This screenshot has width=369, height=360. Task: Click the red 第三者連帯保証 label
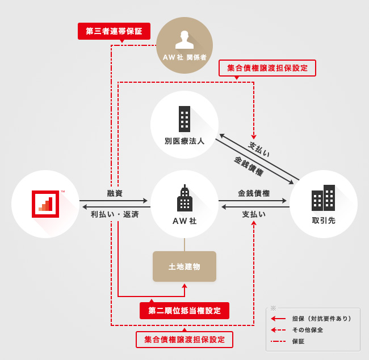click(114, 31)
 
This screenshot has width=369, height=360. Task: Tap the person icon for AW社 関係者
click(184, 40)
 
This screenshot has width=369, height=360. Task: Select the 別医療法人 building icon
click(184, 119)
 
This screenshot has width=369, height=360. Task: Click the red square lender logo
click(45, 204)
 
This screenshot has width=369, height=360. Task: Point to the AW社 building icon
click(184, 198)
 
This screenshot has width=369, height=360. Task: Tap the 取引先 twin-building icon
click(323, 198)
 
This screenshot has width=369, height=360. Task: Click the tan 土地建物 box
click(184, 266)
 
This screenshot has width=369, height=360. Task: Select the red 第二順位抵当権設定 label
click(184, 311)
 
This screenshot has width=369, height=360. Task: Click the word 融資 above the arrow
click(115, 193)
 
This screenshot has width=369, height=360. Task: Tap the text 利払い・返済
click(115, 214)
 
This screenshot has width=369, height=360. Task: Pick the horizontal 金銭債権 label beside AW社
click(254, 193)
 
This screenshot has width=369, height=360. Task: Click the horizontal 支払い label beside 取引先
click(254, 214)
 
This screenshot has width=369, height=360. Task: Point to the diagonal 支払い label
click(259, 149)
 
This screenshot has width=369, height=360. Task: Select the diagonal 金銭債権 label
click(249, 165)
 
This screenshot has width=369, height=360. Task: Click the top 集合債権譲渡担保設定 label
click(267, 68)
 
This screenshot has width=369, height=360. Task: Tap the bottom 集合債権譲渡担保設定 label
click(184, 340)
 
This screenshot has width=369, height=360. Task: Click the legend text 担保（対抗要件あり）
click(321, 319)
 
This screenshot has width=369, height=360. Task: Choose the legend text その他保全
click(307, 330)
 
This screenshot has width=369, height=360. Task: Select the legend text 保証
click(299, 341)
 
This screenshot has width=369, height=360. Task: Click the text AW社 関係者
click(184, 58)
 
